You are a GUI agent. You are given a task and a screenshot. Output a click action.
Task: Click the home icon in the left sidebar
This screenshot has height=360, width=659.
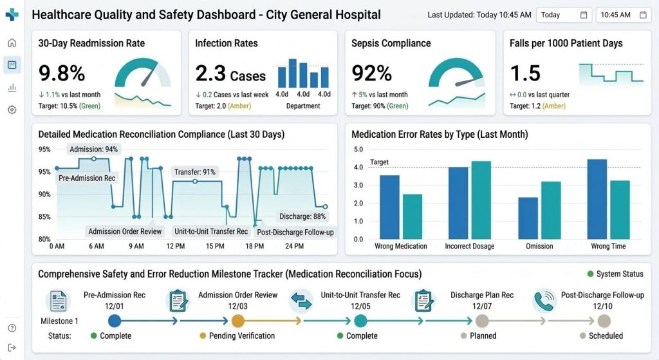[12, 43]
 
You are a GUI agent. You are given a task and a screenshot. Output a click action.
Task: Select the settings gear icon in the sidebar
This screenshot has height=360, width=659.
[12, 109]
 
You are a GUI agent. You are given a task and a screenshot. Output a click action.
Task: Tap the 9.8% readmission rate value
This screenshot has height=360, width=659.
[62, 73]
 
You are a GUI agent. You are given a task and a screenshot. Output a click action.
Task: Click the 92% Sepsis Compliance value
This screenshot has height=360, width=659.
[372, 73]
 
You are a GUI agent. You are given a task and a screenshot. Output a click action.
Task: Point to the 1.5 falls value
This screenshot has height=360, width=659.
[525, 73]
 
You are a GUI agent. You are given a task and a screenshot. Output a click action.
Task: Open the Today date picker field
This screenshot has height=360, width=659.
[564, 15]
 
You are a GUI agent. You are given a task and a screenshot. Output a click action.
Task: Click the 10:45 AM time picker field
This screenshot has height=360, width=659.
[623, 15]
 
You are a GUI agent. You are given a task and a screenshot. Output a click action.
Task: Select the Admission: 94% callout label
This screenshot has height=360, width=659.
[93, 149]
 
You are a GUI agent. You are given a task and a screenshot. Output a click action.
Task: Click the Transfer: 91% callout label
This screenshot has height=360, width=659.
[195, 172]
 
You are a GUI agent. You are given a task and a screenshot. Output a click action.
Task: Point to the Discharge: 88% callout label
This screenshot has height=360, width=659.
[302, 216]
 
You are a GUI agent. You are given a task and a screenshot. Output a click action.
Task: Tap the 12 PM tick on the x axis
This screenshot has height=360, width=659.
[176, 246]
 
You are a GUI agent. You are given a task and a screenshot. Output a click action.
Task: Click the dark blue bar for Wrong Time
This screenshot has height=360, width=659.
[597, 199]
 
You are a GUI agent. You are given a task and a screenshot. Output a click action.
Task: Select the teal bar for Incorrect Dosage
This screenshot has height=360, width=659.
[481, 200]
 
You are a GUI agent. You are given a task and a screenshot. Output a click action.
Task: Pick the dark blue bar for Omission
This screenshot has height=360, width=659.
[528, 218]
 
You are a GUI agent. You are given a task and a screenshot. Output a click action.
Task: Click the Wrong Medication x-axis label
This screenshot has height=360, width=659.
[401, 246]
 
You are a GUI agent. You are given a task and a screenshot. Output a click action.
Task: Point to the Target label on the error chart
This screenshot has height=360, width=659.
[379, 162]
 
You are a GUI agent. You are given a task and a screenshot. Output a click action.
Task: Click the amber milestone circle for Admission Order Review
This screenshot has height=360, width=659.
[237, 320]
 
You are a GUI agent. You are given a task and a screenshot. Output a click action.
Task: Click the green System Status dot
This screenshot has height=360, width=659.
[590, 274]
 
